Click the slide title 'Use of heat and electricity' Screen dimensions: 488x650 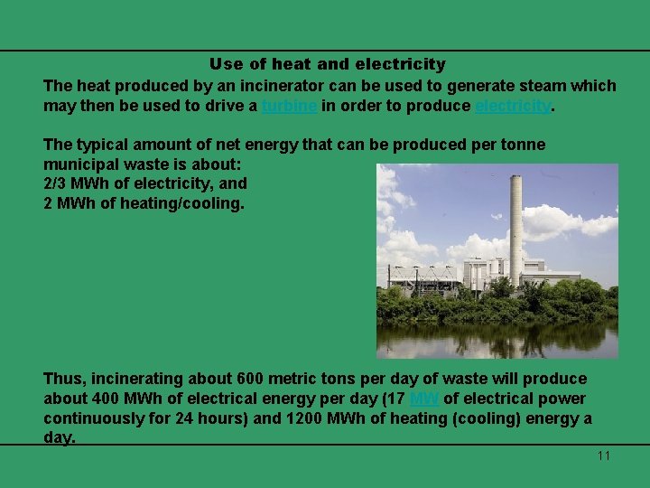click(x=327, y=64)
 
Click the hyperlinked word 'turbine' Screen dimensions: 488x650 click(x=289, y=106)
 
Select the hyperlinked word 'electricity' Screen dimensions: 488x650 click(x=512, y=106)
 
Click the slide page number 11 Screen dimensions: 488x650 click(x=603, y=455)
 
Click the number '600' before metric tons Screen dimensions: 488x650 click(x=248, y=379)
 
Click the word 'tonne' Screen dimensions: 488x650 click(x=523, y=144)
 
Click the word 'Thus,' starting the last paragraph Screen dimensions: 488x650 click(x=64, y=379)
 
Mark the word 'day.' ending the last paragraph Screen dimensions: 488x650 click(x=60, y=437)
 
